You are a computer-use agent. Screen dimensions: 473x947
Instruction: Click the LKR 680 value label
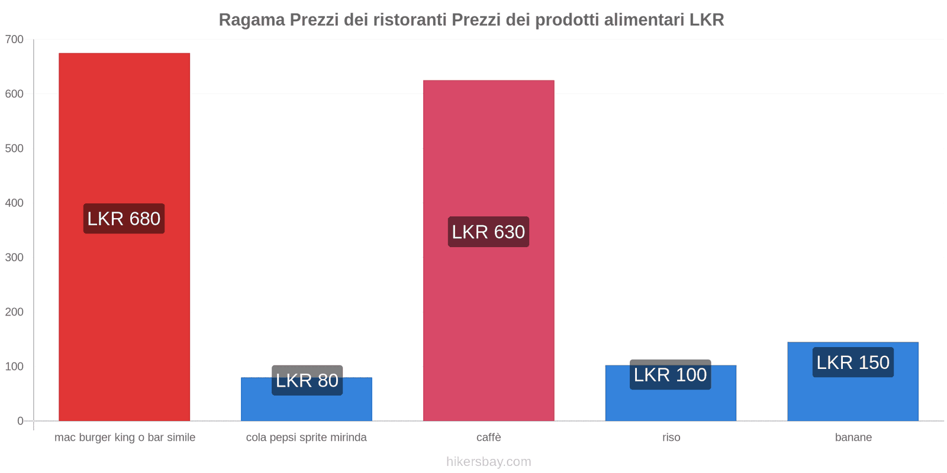(x=124, y=219)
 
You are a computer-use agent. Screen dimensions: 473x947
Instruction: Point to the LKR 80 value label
(x=307, y=380)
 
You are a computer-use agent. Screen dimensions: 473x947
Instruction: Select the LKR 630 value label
(x=488, y=232)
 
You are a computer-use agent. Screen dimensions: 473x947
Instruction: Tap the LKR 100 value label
(x=670, y=375)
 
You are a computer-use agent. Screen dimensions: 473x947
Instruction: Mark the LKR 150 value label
(x=853, y=362)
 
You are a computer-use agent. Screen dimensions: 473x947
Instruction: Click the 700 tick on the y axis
(x=14, y=40)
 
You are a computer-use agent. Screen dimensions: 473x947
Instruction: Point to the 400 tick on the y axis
(x=14, y=203)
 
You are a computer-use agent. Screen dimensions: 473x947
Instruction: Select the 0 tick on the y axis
(x=20, y=421)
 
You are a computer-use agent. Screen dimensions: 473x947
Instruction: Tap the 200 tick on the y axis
(x=14, y=312)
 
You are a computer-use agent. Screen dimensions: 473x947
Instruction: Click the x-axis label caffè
(x=488, y=438)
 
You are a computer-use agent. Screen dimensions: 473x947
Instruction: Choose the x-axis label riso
(x=671, y=438)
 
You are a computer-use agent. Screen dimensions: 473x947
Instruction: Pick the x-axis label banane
(x=853, y=438)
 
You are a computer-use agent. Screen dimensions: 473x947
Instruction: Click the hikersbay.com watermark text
(x=488, y=462)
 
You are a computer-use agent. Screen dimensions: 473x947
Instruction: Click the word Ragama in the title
(x=252, y=20)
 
